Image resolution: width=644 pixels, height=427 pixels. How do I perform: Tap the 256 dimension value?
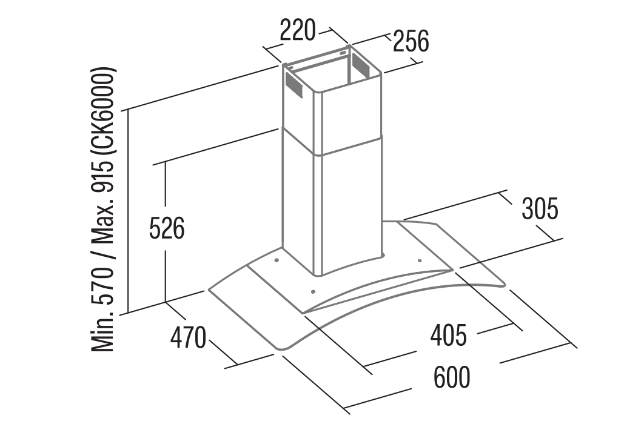tap(411, 41)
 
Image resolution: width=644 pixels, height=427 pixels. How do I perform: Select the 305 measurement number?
tap(540, 208)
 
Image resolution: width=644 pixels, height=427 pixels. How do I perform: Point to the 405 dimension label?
tap(449, 335)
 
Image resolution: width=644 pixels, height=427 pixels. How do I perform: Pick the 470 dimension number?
tap(188, 338)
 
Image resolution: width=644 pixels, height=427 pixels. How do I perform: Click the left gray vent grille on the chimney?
tap(293, 85)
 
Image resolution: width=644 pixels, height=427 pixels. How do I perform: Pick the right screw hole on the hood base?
tap(420, 260)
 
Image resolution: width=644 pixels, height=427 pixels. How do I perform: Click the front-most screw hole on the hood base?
tap(314, 292)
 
